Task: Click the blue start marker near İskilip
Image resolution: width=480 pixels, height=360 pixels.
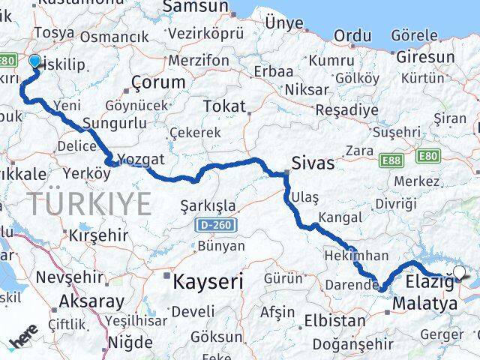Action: point(34,62)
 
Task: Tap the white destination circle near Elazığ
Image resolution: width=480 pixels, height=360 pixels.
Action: point(460,273)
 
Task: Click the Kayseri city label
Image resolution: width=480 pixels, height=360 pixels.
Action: point(208,282)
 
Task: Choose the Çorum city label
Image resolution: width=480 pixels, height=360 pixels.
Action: point(158,82)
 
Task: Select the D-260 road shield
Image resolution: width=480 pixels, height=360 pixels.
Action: point(216,225)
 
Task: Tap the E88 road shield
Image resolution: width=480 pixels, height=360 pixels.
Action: point(391,160)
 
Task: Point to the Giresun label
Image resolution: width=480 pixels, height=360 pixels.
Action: point(425,57)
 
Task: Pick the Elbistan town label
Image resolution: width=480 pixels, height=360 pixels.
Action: point(335,321)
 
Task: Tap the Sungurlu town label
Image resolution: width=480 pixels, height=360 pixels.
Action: point(112,123)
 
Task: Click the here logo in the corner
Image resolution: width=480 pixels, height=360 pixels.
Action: point(23,341)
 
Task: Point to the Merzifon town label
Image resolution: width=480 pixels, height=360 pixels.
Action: point(199,60)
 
